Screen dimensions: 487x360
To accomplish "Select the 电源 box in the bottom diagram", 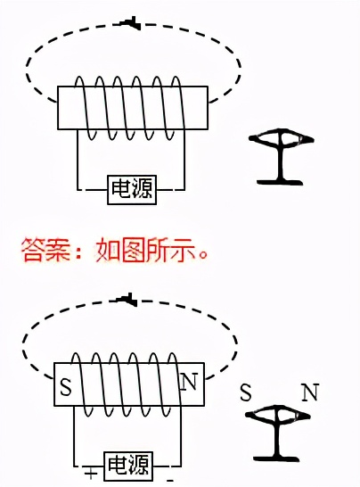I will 129,465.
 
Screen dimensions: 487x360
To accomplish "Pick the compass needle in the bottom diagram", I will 278,415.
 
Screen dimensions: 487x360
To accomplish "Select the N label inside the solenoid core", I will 188,384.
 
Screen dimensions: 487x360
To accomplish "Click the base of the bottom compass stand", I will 278,457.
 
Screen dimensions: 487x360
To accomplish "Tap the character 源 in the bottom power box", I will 141,465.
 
